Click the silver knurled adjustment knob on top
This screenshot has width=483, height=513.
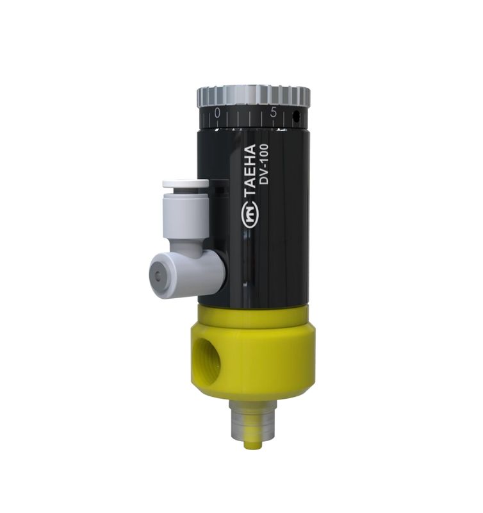point(253,96)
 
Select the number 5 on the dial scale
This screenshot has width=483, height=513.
point(274,113)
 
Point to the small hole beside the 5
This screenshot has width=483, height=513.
point(295,117)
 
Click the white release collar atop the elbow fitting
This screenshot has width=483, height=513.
point(185,184)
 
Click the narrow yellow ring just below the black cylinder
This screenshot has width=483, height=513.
point(253,313)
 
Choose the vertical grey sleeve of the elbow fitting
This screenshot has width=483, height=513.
point(186,218)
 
